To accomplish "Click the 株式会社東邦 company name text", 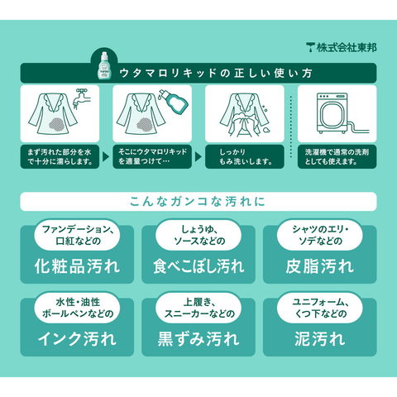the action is tap(347, 48).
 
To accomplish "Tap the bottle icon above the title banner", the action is tap(104, 65).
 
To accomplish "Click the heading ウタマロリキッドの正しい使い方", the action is tap(216, 73).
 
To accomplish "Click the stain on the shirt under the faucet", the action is tap(59, 124).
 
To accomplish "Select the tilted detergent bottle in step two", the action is tap(173, 101).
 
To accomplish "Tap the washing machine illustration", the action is tap(332, 113).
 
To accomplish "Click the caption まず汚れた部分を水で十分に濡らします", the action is tap(60, 156).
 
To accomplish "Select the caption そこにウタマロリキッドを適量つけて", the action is tap(152, 156).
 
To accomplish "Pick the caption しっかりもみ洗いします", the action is tap(246, 156).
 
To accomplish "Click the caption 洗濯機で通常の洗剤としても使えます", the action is tap(337, 156).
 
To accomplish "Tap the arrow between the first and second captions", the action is tap(106, 157).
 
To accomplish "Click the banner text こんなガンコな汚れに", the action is tap(198, 202).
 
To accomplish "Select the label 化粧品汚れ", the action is tap(77, 266).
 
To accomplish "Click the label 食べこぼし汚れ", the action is tap(198, 266).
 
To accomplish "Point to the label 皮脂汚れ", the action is tap(320, 266).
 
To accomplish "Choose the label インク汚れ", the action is tap(77, 339).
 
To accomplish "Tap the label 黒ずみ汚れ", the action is tap(198, 339).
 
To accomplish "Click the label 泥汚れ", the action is tap(320, 339).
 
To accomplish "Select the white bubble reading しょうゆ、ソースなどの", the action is tap(198, 235).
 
